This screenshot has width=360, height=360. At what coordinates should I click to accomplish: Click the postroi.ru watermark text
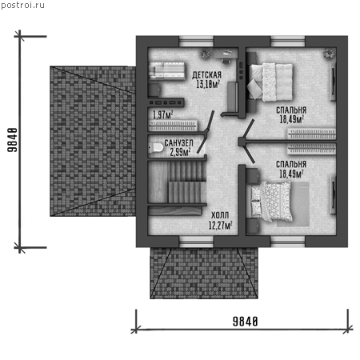tap(22, 6)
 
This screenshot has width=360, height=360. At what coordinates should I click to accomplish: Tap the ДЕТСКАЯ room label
tap(207, 75)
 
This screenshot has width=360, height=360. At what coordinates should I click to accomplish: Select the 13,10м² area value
tap(208, 84)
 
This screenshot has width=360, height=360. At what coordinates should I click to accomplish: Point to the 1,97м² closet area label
tap(162, 115)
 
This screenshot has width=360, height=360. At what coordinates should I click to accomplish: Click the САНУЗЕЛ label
tap(178, 143)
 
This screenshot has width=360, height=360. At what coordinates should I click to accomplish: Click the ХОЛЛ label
tap(220, 215)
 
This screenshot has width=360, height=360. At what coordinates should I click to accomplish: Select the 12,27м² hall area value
tap(220, 226)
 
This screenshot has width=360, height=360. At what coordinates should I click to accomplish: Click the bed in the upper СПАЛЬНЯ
tap(270, 82)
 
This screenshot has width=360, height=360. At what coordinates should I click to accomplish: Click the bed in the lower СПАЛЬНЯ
tap(270, 202)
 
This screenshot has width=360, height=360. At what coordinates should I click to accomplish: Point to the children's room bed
tap(166, 71)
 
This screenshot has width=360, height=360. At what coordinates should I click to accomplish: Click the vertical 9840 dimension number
tap(13, 140)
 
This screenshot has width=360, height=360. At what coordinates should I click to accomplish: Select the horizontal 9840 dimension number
tap(245, 322)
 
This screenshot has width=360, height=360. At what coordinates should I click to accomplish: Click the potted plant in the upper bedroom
tap(329, 54)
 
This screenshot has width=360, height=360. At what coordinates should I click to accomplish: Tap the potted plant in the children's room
tap(206, 54)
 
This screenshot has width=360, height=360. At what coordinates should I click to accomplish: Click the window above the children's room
tap(196, 42)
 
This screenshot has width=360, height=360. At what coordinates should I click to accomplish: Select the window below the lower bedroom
tap(288, 242)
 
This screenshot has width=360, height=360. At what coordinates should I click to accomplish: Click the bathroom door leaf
tap(202, 143)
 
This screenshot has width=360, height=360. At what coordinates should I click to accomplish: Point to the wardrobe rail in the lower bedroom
tap(311, 148)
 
